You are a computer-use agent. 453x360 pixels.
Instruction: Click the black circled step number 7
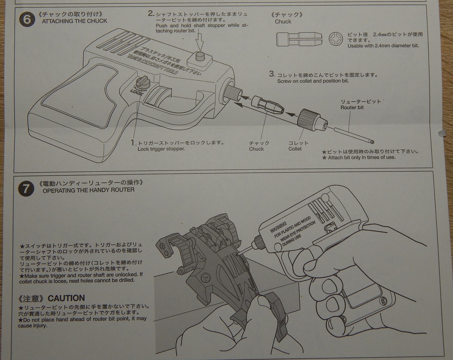pos(26,189)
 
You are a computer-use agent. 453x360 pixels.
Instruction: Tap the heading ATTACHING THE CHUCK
pos(75,21)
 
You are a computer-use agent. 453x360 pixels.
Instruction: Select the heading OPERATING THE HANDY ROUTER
pos(88,190)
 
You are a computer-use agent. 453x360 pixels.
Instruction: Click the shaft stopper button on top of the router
pos(201,57)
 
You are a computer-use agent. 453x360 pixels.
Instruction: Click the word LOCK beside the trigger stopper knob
pos(136,91)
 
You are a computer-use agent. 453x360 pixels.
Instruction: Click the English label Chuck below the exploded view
pos(256,149)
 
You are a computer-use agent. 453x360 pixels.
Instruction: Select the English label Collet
pos(295,149)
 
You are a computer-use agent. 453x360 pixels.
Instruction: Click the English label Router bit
pos(352,108)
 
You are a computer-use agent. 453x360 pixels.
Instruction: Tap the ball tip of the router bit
pos(372,141)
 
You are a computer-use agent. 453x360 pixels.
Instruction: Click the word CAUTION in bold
pos(66,298)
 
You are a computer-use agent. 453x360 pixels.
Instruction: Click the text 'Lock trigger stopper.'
pos(161,149)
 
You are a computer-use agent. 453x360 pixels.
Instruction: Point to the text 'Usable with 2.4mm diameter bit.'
pos(383,46)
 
